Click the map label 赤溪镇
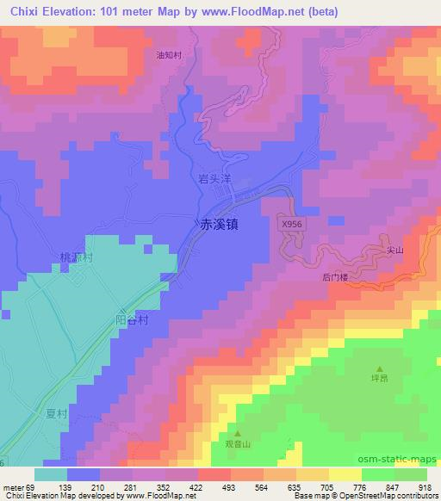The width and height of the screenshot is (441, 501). click(x=220, y=222)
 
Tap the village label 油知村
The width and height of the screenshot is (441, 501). click(x=169, y=55)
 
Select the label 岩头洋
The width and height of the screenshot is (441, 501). click(x=215, y=179)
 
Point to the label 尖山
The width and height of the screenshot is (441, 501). click(x=395, y=250)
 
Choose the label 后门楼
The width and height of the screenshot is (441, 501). click(x=335, y=277)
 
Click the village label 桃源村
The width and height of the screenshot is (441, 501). click(x=75, y=257)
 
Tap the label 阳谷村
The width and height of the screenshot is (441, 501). click(x=134, y=320)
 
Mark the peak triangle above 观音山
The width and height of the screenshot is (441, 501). click(x=239, y=434)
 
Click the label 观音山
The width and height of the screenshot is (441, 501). click(x=239, y=444)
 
